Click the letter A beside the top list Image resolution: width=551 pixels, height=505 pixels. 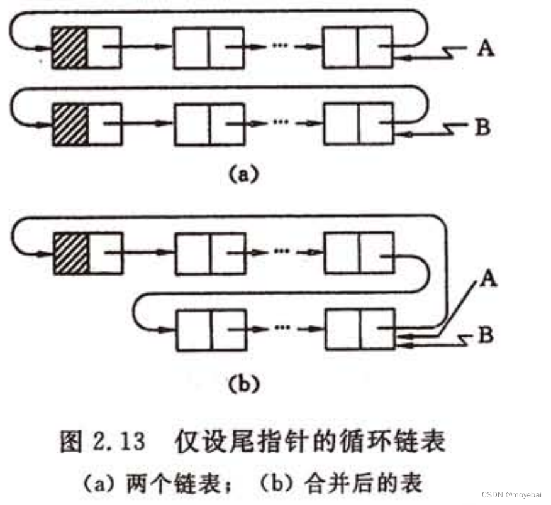pos(485,48)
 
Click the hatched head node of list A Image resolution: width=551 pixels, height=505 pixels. pos(69,48)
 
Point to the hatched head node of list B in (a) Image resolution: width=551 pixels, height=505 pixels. pos(69,124)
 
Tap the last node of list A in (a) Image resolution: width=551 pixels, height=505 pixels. pos(359,48)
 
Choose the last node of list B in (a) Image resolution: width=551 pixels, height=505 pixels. pos(359,124)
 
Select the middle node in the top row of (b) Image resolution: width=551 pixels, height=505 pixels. pos(209,253)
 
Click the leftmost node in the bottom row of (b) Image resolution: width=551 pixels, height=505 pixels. pos(209,329)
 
